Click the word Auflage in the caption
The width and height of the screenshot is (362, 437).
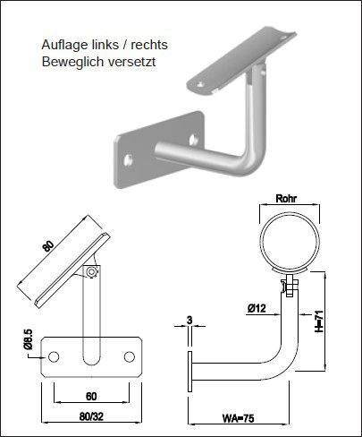pyautogui.click(x=63, y=44)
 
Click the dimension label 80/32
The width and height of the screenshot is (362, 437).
pyautogui.click(x=92, y=416)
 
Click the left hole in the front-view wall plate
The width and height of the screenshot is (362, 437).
pyautogui.click(x=55, y=357)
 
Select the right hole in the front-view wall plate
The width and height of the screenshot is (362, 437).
pyautogui.click(x=130, y=357)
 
